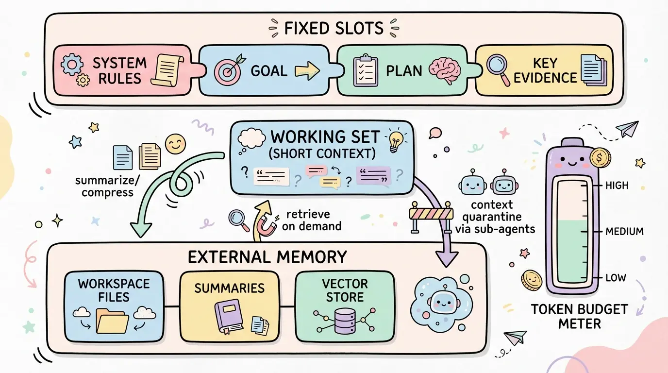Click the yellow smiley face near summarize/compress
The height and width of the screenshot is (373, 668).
(x=175, y=144)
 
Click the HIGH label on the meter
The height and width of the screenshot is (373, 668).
(x=617, y=186)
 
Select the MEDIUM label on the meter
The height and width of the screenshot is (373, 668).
(x=624, y=232)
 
